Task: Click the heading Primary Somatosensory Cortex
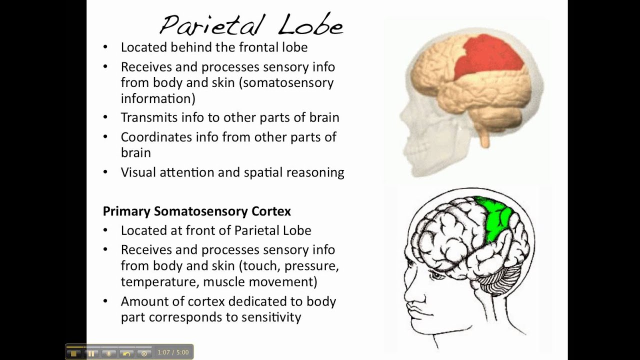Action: pyautogui.click(x=196, y=211)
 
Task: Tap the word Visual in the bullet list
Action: pyautogui.click(x=138, y=172)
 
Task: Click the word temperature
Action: pyautogui.click(x=160, y=282)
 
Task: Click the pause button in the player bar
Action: pyautogui.click(x=91, y=353)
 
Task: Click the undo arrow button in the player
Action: pyautogui.click(x=126, y=353)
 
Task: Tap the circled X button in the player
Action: pyautogui.click(x=144, y=353)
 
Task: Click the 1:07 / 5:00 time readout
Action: pyautogui.click(x=173, y=352)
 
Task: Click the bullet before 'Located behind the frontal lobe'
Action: pyautogui.click(x=105, y=47)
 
